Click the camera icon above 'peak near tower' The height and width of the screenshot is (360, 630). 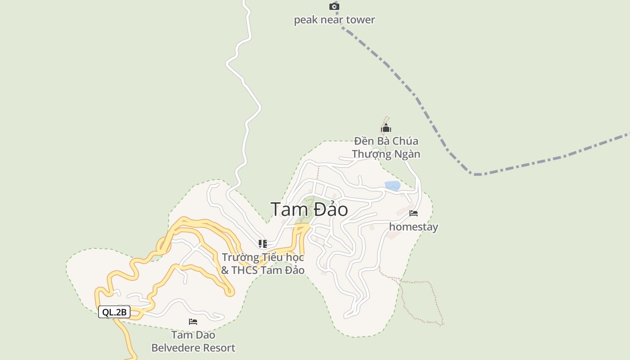point(334,6)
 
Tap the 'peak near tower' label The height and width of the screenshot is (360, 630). point(334,20)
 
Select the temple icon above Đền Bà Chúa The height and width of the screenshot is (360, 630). point(386,128)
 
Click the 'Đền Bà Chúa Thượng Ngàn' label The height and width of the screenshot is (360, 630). point(386,148)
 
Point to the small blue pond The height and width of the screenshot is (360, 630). point(392,185)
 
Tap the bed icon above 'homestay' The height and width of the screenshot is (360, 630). point(414,213)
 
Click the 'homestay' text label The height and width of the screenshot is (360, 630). point(414,227)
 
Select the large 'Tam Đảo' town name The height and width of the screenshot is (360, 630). point(309,209)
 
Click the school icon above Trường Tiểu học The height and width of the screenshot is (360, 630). point(263,244)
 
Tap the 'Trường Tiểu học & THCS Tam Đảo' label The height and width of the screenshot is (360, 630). point(263,264)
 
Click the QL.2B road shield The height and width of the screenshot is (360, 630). point(114,312)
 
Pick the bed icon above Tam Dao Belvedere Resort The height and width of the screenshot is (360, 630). point(193,322)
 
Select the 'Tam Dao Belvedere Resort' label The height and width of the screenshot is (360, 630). point(193,342)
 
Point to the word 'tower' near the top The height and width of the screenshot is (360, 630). point(360,20)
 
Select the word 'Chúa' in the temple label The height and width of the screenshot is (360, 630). point(405,141)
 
